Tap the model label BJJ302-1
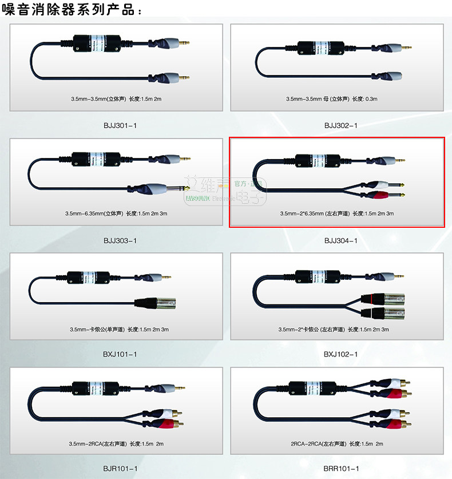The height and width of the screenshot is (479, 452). [x=340, y=125]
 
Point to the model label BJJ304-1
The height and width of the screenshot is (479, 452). [x=340, y=240]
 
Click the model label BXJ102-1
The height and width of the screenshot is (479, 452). [x=340, y=354]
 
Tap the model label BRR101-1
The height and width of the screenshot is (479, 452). [x=341, y=468]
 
